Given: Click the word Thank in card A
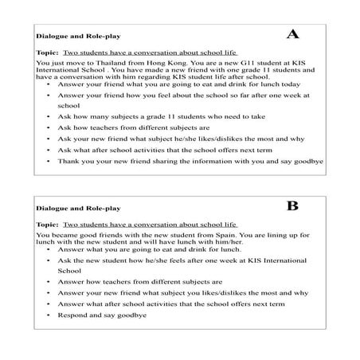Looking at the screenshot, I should (68, 160).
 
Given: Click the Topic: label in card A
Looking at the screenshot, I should (47, 49).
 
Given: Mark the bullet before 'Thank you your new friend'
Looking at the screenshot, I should (49, 160).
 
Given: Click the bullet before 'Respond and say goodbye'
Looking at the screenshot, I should (49, 315).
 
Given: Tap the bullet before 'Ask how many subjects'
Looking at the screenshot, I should (49, 115).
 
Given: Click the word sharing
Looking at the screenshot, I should (174, 160).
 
